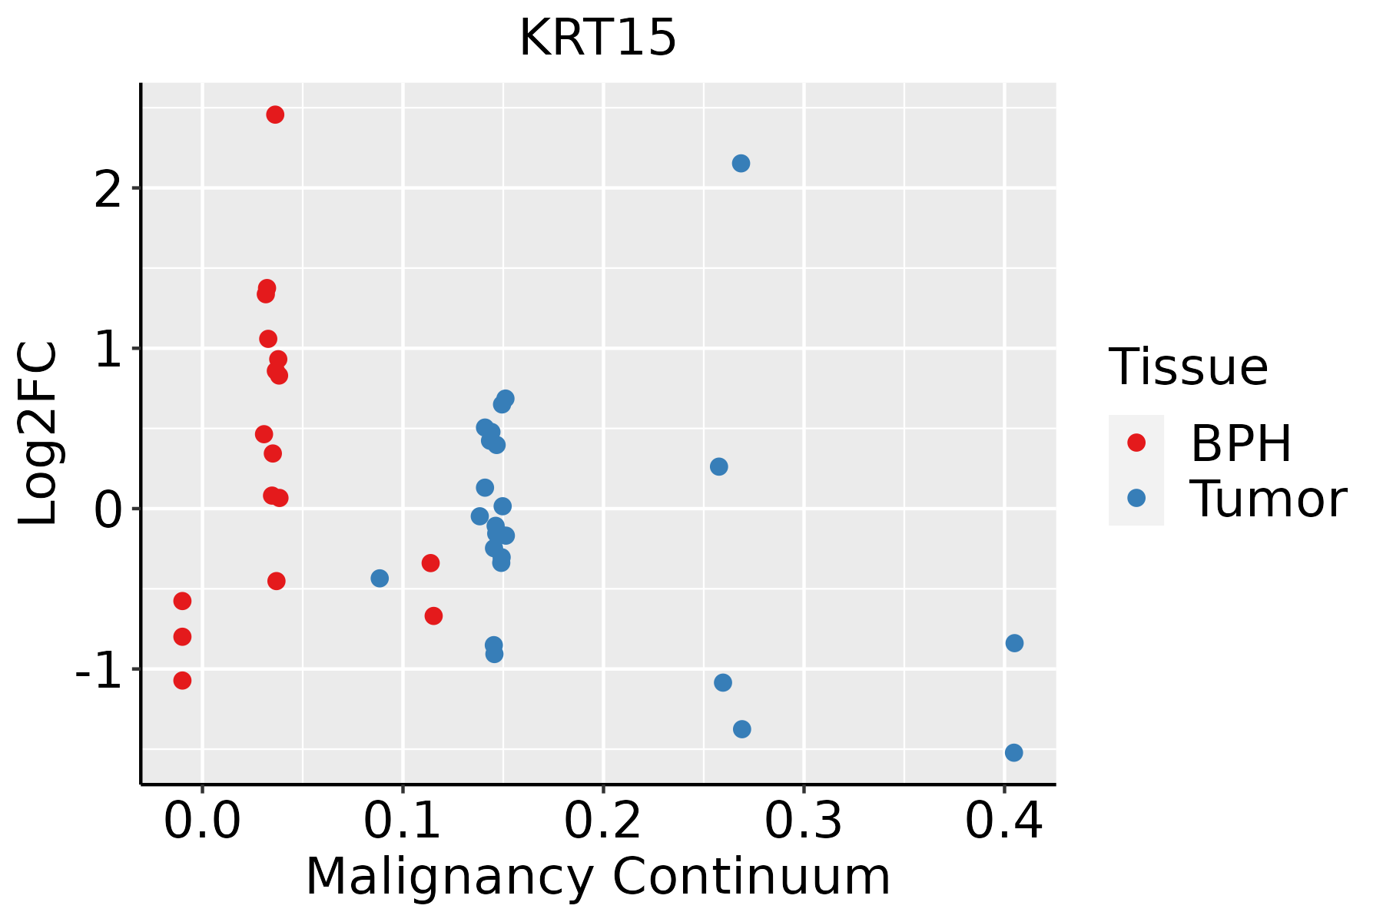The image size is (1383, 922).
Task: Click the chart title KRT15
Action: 598,38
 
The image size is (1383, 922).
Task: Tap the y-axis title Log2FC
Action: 38,434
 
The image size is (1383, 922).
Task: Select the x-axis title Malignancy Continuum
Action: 598,877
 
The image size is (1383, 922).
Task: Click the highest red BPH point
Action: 275,114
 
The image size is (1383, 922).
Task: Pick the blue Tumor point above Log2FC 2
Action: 741,164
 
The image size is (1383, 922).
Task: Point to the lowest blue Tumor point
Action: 1013,752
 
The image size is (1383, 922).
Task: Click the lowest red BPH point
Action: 182,680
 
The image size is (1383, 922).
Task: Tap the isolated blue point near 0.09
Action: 380,578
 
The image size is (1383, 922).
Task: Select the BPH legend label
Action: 1241,443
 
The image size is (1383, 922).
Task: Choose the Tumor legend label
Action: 1268,499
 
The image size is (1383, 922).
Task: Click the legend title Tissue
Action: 1189,367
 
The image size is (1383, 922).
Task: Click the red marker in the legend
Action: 1136,442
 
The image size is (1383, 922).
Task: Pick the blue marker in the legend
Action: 1136,498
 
